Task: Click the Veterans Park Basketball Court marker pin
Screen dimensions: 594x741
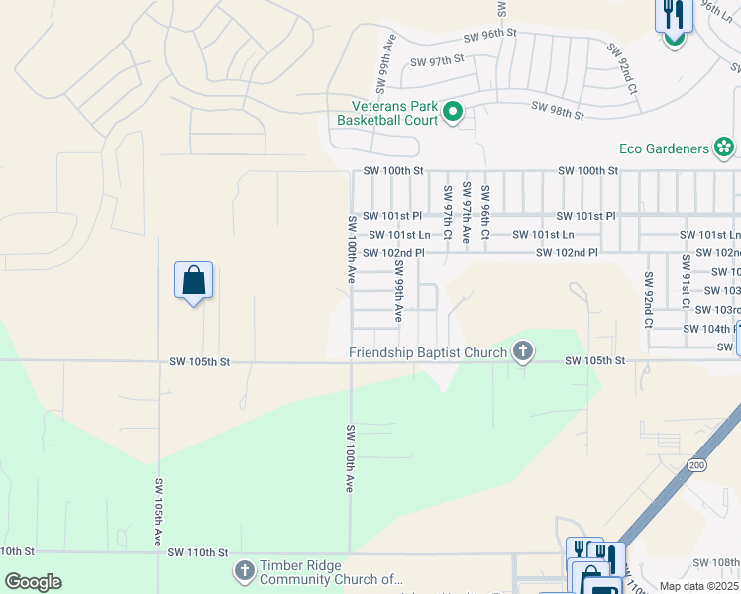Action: pyautogui.click(x=453, y=112)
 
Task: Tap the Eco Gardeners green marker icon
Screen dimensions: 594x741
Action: pyautogui.click(x=724, y=148)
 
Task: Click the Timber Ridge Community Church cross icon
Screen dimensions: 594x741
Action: pyautogui.click(x=245, y=571)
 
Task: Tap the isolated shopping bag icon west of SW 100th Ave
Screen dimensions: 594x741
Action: pyautogui.click(x=193, y=280)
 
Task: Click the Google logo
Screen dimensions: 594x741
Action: pyautogui.click(x=32, y=582)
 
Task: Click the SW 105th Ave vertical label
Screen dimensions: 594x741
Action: pyautogui.click(x=159, y=511)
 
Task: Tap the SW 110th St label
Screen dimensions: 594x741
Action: pyautogui.click(x=198, y=551)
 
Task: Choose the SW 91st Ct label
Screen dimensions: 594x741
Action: pyautogui.click(x=685, y=279)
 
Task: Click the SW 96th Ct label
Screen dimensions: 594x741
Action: pyautogui.click(x=485, y=211)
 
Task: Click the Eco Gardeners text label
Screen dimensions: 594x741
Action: pyautogui.click(x=664, y=148)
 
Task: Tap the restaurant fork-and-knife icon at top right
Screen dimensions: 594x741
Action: pyautogui.click(x=673, y=15)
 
